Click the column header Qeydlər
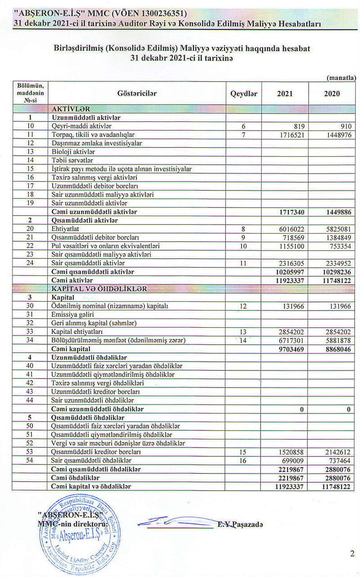coord(243,94)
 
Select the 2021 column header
coord(284,94)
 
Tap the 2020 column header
coord(332,94)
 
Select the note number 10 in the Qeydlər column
coord(243,246)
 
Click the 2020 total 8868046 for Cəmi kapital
coord(336,349)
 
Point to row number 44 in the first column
coord(31,400)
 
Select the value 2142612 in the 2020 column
coord(336,451)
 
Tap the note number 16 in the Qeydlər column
coord(243,460)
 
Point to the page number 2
coord(352,554)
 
